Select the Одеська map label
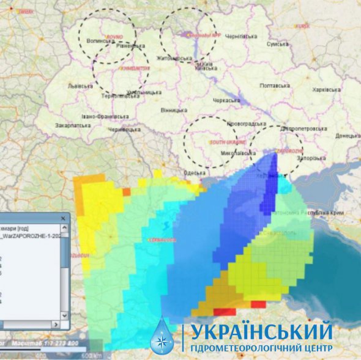(194, 173)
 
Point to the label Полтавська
(275, 86)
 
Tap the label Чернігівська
(241, 37)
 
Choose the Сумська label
(278, 44)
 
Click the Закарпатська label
(73, 125)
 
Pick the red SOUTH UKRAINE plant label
(222, 142)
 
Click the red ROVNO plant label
(114, 37)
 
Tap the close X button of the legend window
(62, 218)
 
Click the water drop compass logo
(162, 337)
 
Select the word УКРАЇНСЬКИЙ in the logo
(262, 332)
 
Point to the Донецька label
(348, 136)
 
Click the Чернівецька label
(120, 130)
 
